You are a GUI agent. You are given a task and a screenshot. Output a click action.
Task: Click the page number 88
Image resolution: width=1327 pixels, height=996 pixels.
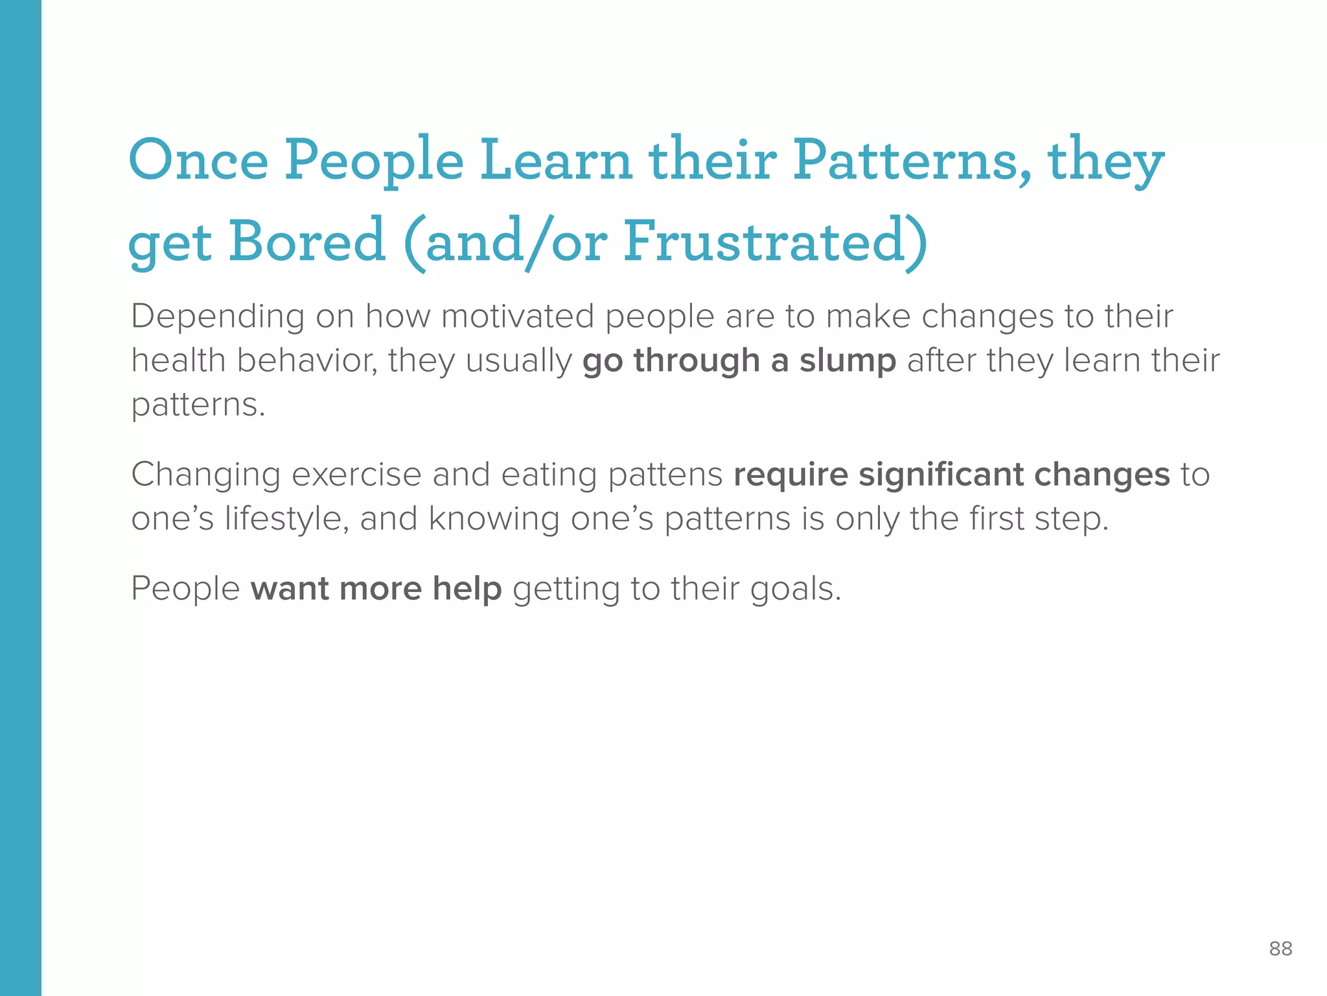coord(1280,949)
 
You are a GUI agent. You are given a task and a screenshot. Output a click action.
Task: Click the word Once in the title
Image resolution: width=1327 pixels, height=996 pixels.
coord(198,160)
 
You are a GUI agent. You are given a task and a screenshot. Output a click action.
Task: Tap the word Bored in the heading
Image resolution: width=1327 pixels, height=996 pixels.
coord(306,241)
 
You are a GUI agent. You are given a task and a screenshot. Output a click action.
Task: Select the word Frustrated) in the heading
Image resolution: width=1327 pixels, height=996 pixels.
coord(776,241)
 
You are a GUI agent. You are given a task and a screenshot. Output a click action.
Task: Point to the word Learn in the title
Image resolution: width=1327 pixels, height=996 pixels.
coord(555,160)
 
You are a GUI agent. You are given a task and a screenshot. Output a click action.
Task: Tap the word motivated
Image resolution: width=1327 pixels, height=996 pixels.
coord(517,316)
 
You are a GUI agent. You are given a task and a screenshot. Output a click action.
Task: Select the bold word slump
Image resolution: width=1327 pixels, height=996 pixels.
coord(848,361)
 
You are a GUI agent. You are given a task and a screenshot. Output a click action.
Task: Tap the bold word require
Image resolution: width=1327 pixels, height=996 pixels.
coord(790,475)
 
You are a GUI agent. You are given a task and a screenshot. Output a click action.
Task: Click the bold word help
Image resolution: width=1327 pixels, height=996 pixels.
coord(467,589)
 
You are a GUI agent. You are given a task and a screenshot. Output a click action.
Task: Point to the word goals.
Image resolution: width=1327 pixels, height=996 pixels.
coord(795,590)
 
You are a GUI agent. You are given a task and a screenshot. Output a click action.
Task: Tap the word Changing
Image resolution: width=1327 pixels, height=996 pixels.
coord(206,475)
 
